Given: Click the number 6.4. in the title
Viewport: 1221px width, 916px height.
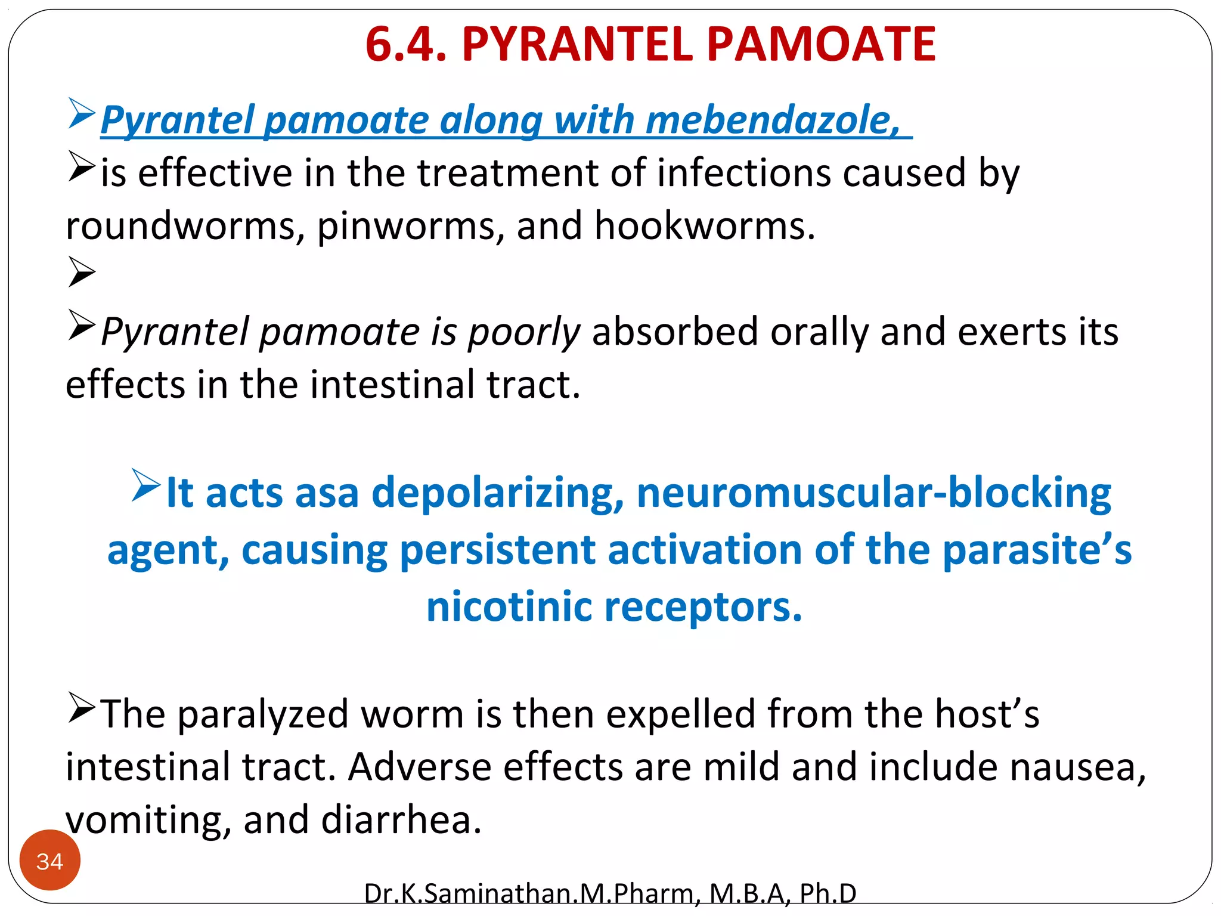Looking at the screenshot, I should (x=405, y=45).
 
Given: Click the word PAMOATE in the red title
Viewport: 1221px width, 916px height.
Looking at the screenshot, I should (x=821, y=45).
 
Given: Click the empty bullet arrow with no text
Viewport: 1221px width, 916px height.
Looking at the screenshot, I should (x=82, y=273).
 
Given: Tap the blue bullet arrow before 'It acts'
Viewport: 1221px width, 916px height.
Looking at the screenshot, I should (x=145, y=486).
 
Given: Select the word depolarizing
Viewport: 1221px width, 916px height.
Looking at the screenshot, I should (x=498, y=493).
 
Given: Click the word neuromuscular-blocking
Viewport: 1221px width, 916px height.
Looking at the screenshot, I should (x=873, y=493).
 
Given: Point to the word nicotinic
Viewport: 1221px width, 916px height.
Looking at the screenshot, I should (x=509, y=607).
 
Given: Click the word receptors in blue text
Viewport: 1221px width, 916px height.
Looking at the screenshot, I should (x=704, y=607).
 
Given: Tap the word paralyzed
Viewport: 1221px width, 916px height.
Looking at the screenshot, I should (x=263, y=714).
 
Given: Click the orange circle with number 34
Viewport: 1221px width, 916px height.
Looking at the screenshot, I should (x=50, y=861).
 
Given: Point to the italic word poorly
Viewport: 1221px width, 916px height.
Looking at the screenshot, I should (x=523, y=333).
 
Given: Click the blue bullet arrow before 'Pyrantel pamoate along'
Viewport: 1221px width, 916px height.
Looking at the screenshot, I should (x=82, y=113).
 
